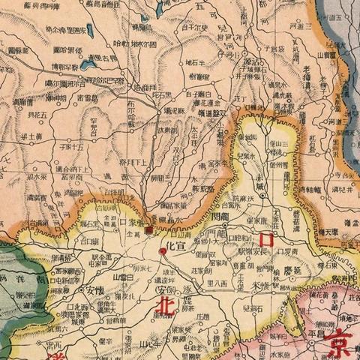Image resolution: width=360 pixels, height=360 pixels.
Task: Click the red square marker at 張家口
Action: pyautogui.click(x=149, y=229)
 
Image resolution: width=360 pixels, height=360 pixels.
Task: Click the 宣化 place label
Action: pyautogui.click(x=173, y=245)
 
